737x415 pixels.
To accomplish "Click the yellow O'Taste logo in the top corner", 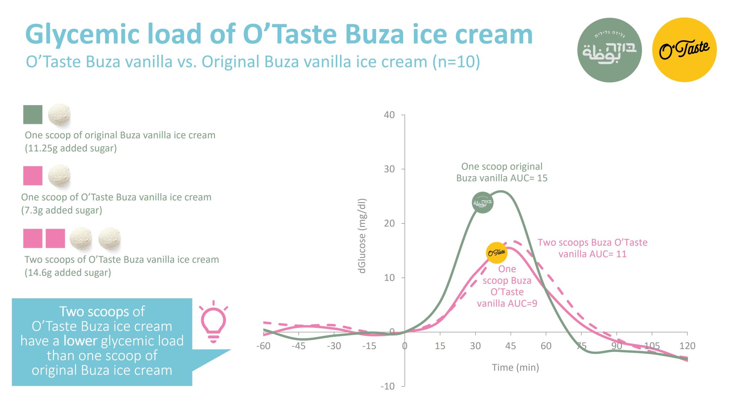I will pos(684,50).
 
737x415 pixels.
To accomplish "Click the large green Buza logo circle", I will pos(609,50).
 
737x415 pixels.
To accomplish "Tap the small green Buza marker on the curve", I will pos(482,202).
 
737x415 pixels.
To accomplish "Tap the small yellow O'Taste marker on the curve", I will pos(496,253).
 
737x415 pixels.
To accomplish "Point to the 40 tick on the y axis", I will pos(389,115).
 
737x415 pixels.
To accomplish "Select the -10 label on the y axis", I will pos(388,386).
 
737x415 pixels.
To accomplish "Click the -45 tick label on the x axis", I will pos(298,346).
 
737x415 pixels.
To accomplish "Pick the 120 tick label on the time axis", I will pos(687,346).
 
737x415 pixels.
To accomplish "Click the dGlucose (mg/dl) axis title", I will pos(362,236).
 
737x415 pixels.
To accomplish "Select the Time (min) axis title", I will pos(515,367).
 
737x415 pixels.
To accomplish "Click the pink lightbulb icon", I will pos(213,321).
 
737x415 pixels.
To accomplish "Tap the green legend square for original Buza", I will pos(33,115).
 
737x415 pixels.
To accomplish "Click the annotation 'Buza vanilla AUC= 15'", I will pos(502,178).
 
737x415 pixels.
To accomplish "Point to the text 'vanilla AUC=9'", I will pos(507,303).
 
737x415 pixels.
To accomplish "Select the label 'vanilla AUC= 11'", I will pos(592,254).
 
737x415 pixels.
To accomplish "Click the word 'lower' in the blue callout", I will pos(80,341).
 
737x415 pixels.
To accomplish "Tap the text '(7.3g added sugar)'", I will pos(62,210).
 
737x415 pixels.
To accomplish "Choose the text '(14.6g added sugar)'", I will pos(68,272).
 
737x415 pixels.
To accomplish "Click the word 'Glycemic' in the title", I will pos(82,35).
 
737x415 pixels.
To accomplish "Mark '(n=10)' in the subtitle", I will pos(456,62).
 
